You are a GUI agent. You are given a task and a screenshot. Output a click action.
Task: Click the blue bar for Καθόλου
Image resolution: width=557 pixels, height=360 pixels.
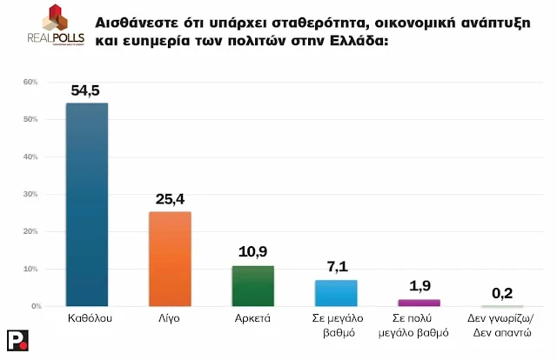click(x=87, y=204)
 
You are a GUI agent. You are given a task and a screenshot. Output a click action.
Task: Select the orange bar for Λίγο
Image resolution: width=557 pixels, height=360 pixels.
click(x=171, y=259)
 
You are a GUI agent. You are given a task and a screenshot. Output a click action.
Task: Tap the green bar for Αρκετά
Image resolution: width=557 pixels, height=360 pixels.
click(x=252, y=286)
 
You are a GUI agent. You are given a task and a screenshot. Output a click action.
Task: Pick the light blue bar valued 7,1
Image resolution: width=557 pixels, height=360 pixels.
click(x=336, y=293)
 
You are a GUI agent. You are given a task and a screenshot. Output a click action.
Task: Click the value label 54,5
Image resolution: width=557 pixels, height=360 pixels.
click(x=87, y=90)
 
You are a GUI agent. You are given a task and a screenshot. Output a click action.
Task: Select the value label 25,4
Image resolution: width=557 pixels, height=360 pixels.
click(x=171, y=199)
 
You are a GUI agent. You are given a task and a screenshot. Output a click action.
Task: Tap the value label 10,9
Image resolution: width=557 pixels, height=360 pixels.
click(x=252, y=253)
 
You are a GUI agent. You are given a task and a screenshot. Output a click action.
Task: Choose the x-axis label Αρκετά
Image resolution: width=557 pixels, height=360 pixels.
click(x=252, y=319)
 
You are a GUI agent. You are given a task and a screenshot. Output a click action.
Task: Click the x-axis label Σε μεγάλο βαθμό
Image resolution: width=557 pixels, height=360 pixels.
click(x=335, y=325)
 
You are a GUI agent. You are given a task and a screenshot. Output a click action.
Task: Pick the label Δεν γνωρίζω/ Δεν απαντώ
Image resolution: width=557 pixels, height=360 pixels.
click(x=501, y=325)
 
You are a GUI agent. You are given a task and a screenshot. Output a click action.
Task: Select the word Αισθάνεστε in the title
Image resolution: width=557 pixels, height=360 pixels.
click(x=139, y=21)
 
